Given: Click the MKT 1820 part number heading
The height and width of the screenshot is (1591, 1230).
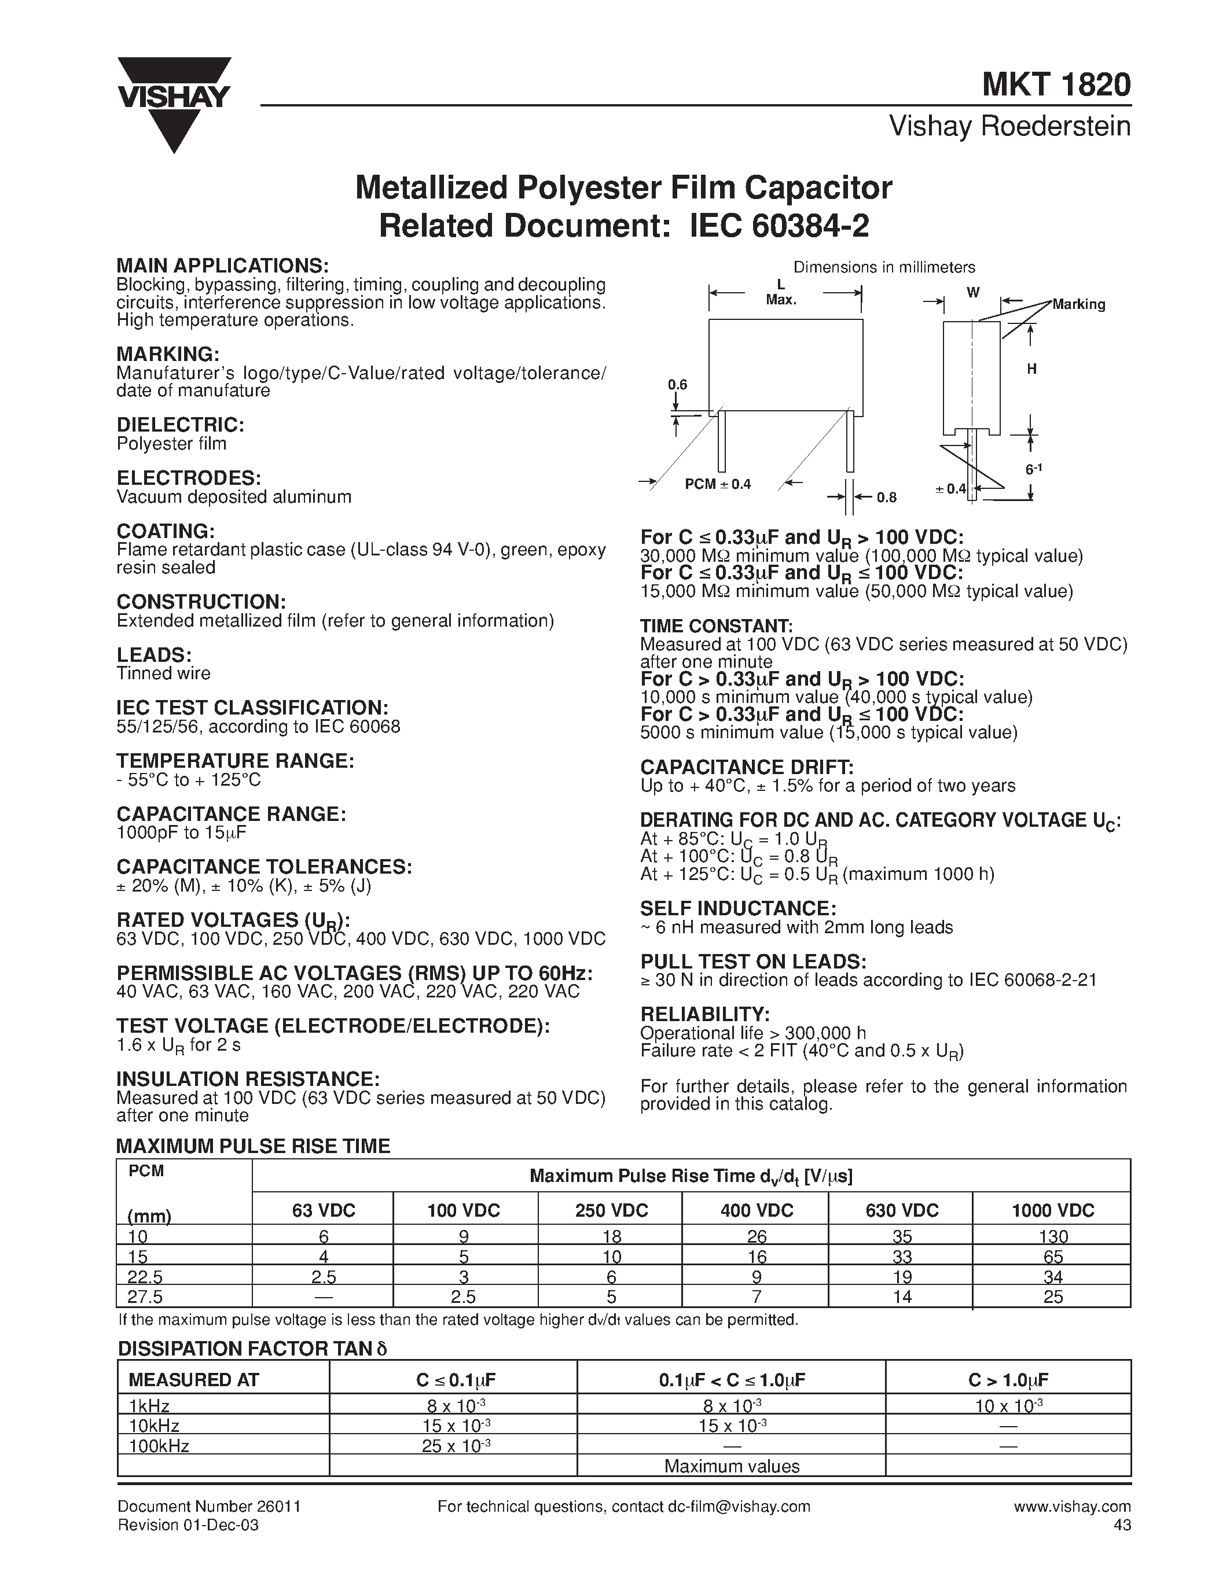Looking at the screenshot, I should (1056, 85).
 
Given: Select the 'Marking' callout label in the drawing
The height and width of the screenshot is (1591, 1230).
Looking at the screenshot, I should (1078, 304).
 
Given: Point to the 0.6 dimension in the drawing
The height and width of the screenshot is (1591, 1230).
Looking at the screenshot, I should (678, 385).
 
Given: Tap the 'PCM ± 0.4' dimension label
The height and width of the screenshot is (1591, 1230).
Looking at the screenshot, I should (717, 484).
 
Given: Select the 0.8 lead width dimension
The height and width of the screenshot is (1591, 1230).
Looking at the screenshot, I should (886, 498).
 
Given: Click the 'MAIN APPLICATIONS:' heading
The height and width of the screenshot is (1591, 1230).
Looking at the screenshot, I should (222, 266).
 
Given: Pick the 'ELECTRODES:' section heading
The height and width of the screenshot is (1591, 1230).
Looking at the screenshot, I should (189, 478).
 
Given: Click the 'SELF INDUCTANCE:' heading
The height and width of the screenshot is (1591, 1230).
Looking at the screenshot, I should (737, 908).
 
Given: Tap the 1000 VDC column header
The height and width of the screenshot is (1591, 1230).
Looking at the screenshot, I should (1052, 1211).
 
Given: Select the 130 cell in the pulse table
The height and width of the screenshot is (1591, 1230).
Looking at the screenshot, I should (1053, 1236).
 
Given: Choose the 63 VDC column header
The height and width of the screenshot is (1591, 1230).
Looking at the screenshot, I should (324, 1211).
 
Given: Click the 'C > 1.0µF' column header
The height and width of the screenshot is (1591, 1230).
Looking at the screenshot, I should (1008, 1380).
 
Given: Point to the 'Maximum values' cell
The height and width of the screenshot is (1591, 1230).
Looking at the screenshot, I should (732, 1467).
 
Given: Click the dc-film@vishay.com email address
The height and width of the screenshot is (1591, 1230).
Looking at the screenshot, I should (739, 1507).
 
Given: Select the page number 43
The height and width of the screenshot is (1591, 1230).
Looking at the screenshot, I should (1122, 1524).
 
